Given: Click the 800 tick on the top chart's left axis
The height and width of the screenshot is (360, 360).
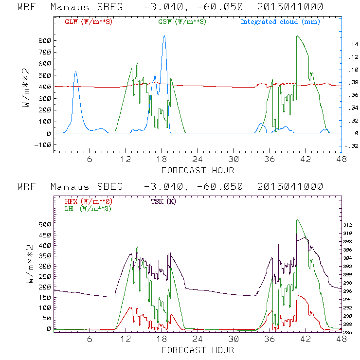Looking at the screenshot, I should [x=44, y=40].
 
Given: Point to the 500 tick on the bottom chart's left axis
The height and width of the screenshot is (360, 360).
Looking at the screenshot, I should [x=44, y=225].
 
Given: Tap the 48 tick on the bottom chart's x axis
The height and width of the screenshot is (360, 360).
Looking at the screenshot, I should [x=342, y=340].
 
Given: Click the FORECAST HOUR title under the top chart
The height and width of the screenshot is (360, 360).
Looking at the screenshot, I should [x=198, y=170].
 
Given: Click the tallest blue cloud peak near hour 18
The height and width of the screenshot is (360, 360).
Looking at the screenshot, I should [x=164, y=36].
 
